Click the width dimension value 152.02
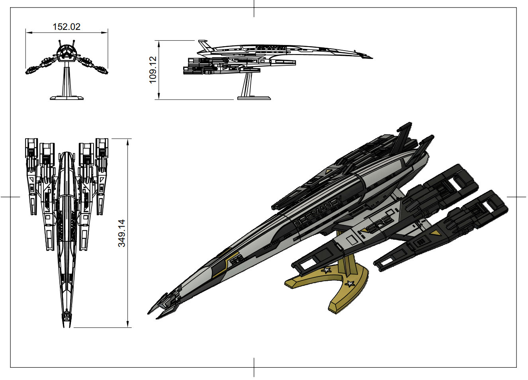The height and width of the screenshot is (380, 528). pos(66,27)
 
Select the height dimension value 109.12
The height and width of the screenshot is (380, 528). pos(153,70)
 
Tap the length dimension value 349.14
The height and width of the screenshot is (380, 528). pos(121,233)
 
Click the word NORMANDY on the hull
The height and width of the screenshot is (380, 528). pos(318,212)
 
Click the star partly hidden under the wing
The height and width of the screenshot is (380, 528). pos(327,270)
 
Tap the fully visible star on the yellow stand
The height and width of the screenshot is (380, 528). pos(350,284)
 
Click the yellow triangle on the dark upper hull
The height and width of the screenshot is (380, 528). pos(328,171)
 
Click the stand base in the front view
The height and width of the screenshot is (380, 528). pos(66,97)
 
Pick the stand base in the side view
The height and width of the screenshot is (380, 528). pos(254,97)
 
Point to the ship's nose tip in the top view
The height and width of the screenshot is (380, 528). pos(66,326)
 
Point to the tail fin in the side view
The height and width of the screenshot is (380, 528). pos(203,44)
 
